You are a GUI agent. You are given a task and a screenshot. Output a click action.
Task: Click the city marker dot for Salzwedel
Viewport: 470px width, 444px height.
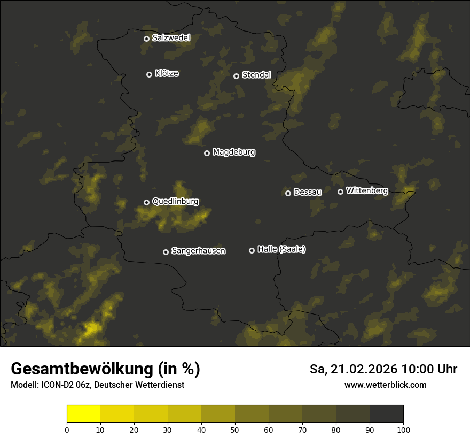click(x=146, y=39)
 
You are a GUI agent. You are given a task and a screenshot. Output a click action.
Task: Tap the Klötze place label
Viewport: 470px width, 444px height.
click(x=167, y=74)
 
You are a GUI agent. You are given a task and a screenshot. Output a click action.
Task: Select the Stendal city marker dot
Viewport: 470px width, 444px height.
click(x=236, y=76)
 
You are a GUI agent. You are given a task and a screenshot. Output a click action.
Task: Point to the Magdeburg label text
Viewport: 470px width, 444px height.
click(x=234, y=152)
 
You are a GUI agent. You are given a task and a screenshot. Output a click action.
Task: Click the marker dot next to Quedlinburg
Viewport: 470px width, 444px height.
click(x=147, y=202)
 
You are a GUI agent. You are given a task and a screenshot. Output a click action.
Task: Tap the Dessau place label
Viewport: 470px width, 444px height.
click(x=308, y=192)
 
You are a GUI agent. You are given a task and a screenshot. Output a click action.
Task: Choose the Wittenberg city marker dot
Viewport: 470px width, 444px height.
click(x=340, y=192)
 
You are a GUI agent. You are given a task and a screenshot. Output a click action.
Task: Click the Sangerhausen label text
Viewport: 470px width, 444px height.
click(x=198, y=251)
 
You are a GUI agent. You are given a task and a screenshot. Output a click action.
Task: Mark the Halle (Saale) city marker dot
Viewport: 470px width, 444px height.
click(x=252, y=250)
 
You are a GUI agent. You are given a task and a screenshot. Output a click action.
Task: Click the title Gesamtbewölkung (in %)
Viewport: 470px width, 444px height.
click(x=105, y=369)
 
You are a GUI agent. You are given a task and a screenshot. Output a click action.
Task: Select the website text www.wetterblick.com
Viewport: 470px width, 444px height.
click(x=385, y=385)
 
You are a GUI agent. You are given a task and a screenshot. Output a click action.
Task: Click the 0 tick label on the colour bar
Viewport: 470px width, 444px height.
click(x=67, y=430)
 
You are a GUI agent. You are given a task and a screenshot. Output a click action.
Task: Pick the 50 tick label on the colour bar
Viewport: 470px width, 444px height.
click(x=235, y=430)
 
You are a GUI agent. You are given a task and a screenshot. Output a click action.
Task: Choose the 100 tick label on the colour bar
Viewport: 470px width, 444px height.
click(x=403, y=430)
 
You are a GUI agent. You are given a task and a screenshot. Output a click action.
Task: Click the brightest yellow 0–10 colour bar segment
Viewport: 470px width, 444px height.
click(x=84, y=414)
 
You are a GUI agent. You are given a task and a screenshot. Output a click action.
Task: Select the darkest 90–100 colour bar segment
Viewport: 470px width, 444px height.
click(x=386, y=414)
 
